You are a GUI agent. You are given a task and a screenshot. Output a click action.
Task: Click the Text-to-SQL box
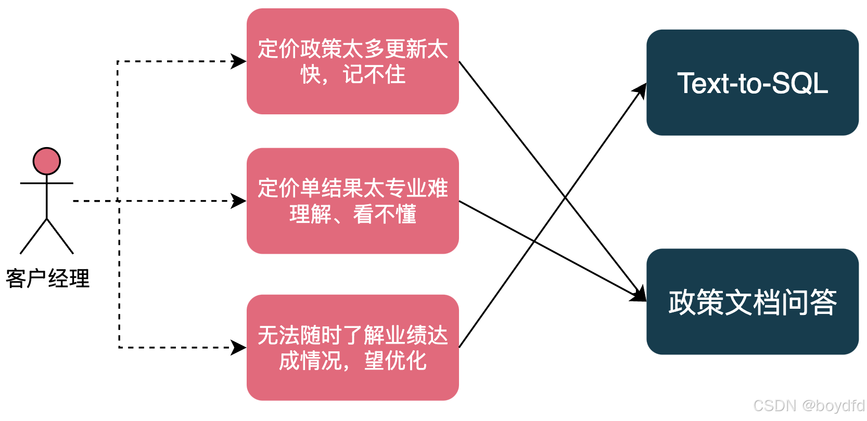click(x=752, y=83)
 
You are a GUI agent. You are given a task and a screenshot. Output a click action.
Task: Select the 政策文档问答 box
click(x=752, y=301)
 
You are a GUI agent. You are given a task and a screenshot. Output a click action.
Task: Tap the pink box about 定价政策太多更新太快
click(x=352, y=61)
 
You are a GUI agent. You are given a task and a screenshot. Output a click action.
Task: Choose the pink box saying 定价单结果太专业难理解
click(x=352, y=201)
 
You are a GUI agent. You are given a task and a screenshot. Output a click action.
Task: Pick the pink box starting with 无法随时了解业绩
click(x=352, y=347)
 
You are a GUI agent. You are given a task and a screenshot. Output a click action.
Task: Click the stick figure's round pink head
click(x=47, y=161)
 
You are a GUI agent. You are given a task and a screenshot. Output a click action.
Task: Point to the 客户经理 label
click(x=47, y=279)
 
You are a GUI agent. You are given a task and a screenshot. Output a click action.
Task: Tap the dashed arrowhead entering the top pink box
click(x=239, y=61)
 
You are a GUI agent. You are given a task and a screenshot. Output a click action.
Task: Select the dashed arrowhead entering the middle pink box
click(x=239, y=201)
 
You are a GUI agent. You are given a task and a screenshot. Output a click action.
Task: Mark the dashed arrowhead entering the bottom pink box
click(x=239, y=347)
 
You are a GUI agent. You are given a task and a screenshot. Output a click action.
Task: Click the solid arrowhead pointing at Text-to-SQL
click(x=641, y=91)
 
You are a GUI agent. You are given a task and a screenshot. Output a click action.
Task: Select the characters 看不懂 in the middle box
click(x=385, y=214)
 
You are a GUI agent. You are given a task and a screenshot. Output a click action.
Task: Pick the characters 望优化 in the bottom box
click(x=395, y=361)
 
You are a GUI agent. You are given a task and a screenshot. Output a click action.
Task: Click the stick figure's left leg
click(x=33, y=236)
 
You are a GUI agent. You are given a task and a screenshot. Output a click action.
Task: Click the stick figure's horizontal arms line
click(x=47, y=183)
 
